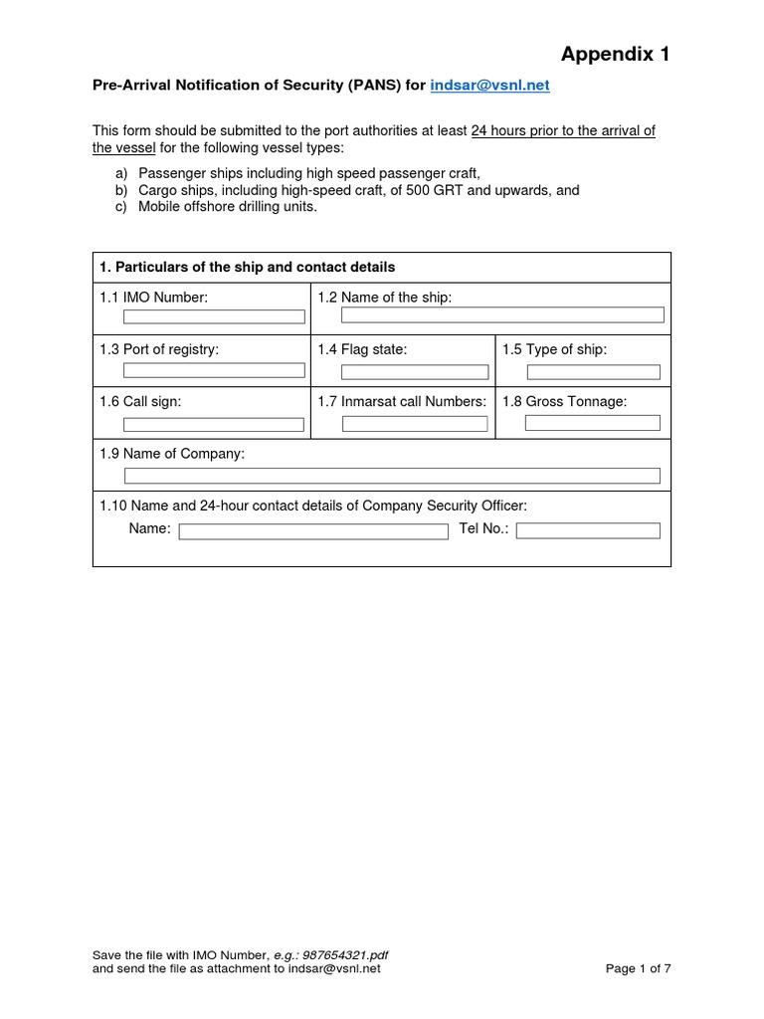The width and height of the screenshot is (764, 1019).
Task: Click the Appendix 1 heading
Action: click(615, 54)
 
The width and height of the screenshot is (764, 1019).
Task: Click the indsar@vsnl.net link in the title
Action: click(489, 86)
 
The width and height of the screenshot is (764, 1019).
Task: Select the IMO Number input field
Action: click(214, 316)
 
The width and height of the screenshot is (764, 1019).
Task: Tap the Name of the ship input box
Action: click(501, 315)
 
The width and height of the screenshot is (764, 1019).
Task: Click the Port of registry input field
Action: click(214, 370)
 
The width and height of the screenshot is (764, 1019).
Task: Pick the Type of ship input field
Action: click(593, 372)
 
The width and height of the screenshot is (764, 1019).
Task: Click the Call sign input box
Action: click(214, 424)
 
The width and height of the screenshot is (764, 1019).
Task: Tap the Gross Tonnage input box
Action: click(592, 423)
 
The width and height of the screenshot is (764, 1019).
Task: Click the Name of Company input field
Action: click(392, 476)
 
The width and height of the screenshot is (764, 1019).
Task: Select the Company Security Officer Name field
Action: click(313, 531)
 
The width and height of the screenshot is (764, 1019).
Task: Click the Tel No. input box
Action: click(588, 530)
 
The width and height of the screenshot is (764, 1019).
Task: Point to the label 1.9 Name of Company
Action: click(172, 454)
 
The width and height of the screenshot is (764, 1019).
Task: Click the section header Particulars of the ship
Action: click(247, 268)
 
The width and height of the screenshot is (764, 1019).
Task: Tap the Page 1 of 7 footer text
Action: click(639, 967)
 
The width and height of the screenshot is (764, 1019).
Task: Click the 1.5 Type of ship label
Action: click(554, 349)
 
